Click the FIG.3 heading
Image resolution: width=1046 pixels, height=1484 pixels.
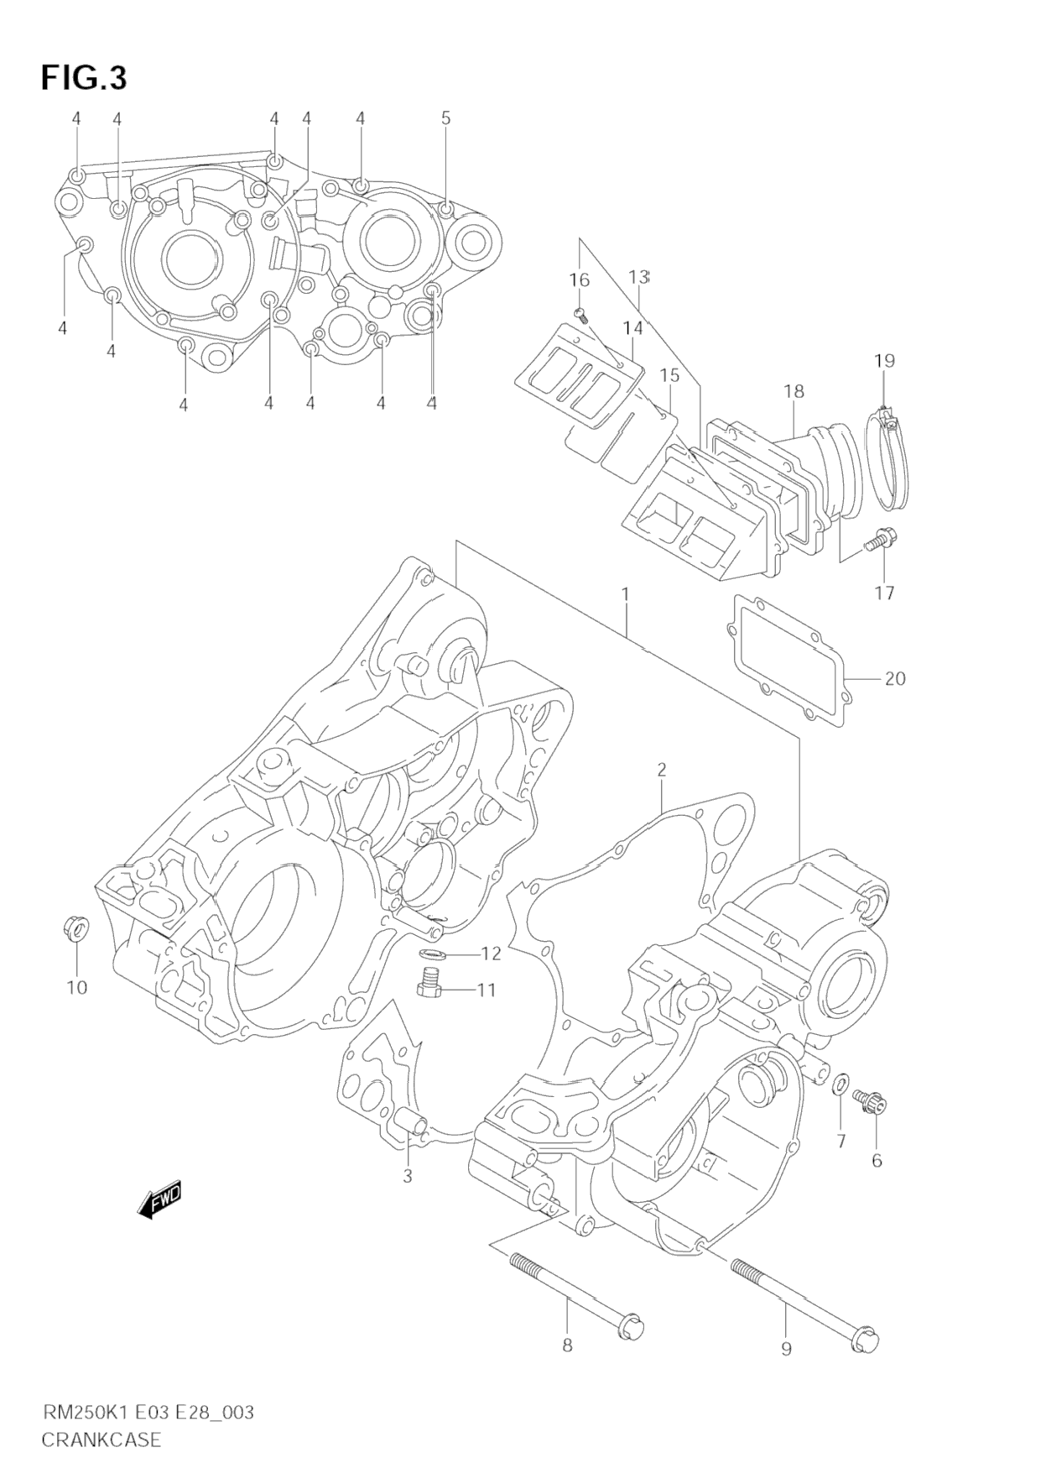83,77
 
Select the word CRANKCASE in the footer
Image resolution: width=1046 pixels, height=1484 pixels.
101,1440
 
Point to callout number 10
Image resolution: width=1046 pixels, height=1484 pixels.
76,987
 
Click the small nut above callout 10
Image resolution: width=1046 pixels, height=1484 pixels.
72,928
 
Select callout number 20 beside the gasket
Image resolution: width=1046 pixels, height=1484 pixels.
895,677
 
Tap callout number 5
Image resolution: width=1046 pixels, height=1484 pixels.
445,118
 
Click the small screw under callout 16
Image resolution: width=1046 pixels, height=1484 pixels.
580,315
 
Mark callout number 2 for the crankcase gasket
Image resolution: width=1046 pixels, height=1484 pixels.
661,770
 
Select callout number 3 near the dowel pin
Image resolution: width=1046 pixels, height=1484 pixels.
408,1176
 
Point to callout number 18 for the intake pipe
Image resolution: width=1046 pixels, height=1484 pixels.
794,391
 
